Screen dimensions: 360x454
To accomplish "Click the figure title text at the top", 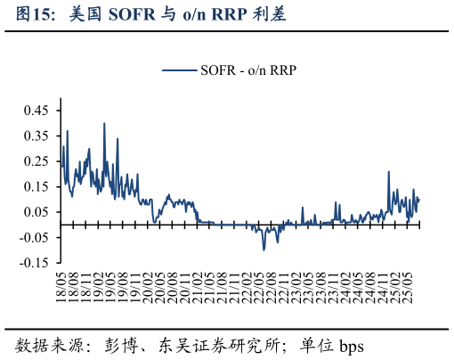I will click(x=150, y=15).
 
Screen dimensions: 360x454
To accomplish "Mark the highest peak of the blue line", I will click(x=104, y=123).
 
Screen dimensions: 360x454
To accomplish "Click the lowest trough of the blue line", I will click(x=263, y=250).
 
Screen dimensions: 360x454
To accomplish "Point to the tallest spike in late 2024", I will click(x=389, y=172).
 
